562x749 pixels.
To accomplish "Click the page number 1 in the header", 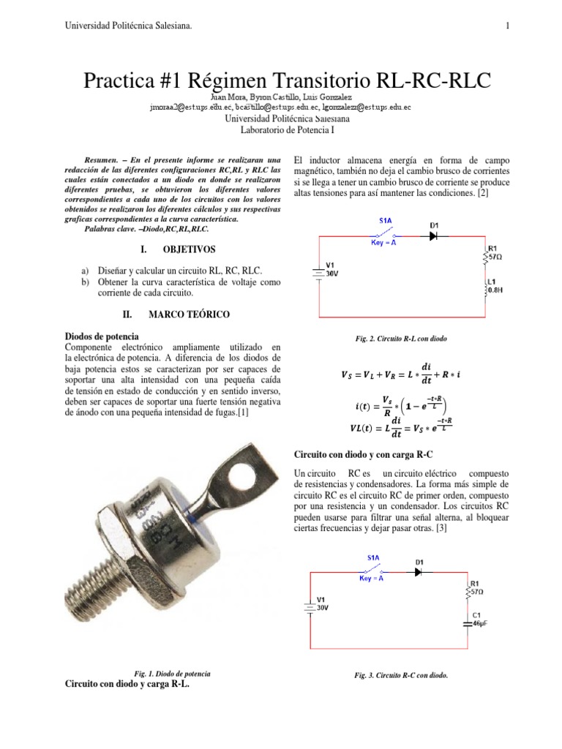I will (x=506, y=26).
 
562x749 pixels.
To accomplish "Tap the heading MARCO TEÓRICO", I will (x=189, y=314).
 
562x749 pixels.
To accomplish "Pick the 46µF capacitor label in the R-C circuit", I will (x=479, y=625).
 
